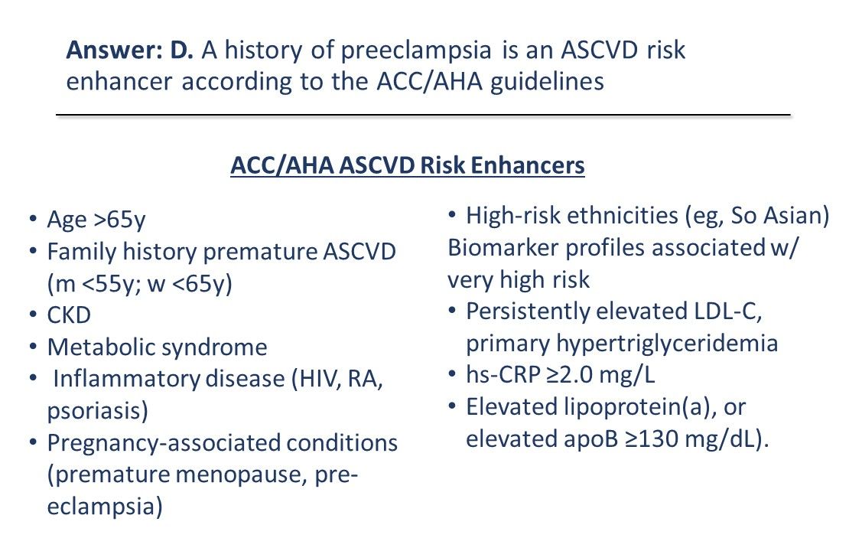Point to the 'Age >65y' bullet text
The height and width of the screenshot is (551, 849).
96,220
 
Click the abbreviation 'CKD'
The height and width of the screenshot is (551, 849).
69,315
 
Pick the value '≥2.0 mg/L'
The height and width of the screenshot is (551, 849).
610,375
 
